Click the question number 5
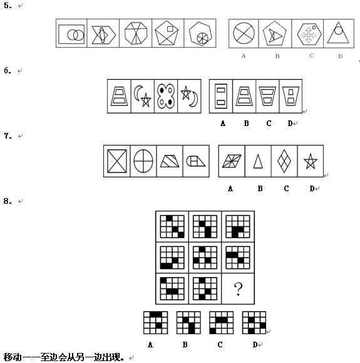point(8,6)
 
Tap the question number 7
point(8,136)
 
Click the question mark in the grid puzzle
point(238,289)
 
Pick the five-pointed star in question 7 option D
point(311,161)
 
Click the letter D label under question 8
point(255,345)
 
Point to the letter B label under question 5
point(277,56)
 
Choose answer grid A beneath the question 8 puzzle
point(156,323)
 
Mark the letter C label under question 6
point(269,124)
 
